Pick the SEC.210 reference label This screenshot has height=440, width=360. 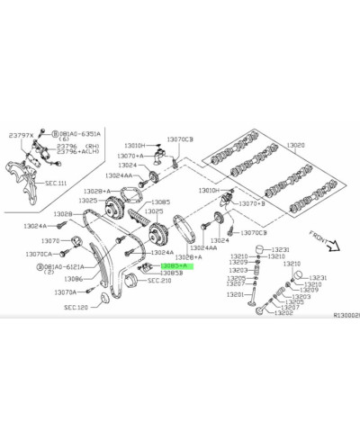click(158, 281)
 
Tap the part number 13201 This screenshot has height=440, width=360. click(236, 294)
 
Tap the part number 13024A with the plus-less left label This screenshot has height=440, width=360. click(35, 226)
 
